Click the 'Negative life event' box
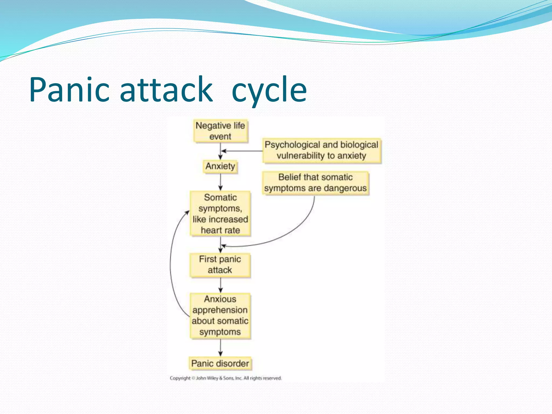(220, 131)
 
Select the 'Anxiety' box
(220, 166)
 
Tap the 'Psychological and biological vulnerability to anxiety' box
(322, 150)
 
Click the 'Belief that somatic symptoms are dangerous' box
(315, 183)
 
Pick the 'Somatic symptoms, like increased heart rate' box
(220, 214)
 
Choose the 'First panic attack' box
(220, 265)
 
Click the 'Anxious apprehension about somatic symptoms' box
(220, 316)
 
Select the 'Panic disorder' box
(220, 363)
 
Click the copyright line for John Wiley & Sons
(226, 378)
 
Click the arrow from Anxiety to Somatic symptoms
(220, 182)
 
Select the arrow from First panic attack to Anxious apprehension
(220, 285)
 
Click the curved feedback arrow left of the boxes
(170, 264)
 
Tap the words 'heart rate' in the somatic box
(220, 230)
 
